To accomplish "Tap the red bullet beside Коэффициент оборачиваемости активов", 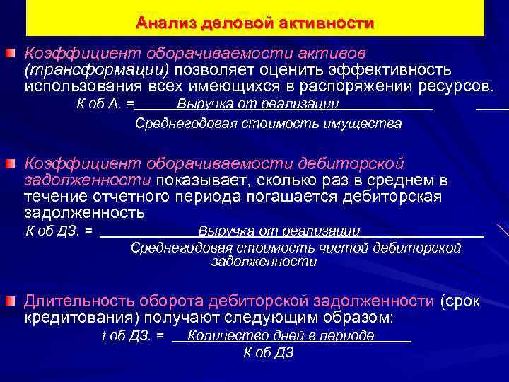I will (11, 53).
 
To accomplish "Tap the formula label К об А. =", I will (104, 105).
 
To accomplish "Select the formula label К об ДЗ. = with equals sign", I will (59, 231).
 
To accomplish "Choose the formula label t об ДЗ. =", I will (133, 336).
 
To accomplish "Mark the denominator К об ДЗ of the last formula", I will (268, 352).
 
